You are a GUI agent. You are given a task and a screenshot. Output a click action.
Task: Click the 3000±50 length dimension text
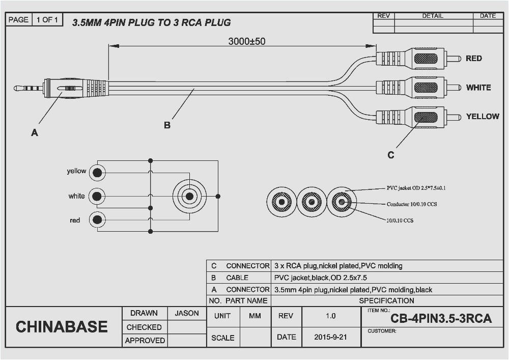(246, 42)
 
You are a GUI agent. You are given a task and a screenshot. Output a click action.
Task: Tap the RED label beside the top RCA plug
(473, 59)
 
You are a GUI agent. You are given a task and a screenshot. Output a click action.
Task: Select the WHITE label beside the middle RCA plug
(478, 88)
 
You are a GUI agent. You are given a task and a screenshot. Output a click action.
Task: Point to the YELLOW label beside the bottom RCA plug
(483, 117)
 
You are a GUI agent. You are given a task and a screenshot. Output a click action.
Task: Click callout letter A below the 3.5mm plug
(35, 133)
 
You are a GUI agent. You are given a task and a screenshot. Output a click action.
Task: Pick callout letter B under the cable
(167, 125)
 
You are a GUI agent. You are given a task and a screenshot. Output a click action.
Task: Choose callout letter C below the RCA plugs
(390, 155)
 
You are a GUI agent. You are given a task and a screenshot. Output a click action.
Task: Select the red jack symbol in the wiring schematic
(97, 220)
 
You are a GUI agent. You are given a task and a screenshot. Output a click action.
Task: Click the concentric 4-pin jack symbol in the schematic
(189, 196)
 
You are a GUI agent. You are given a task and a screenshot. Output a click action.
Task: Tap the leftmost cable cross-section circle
(281, 202)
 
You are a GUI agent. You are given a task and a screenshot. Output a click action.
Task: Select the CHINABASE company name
(62, 327)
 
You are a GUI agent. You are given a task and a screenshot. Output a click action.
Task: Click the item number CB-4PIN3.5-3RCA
(441, 319)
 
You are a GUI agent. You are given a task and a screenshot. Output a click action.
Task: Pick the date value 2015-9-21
(330, 337)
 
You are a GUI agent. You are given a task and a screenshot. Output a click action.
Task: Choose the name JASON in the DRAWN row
(187, 314)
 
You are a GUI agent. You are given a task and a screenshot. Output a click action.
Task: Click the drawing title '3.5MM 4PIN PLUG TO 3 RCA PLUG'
(151, 22)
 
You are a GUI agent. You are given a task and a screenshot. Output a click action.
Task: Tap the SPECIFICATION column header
(386, 300)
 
